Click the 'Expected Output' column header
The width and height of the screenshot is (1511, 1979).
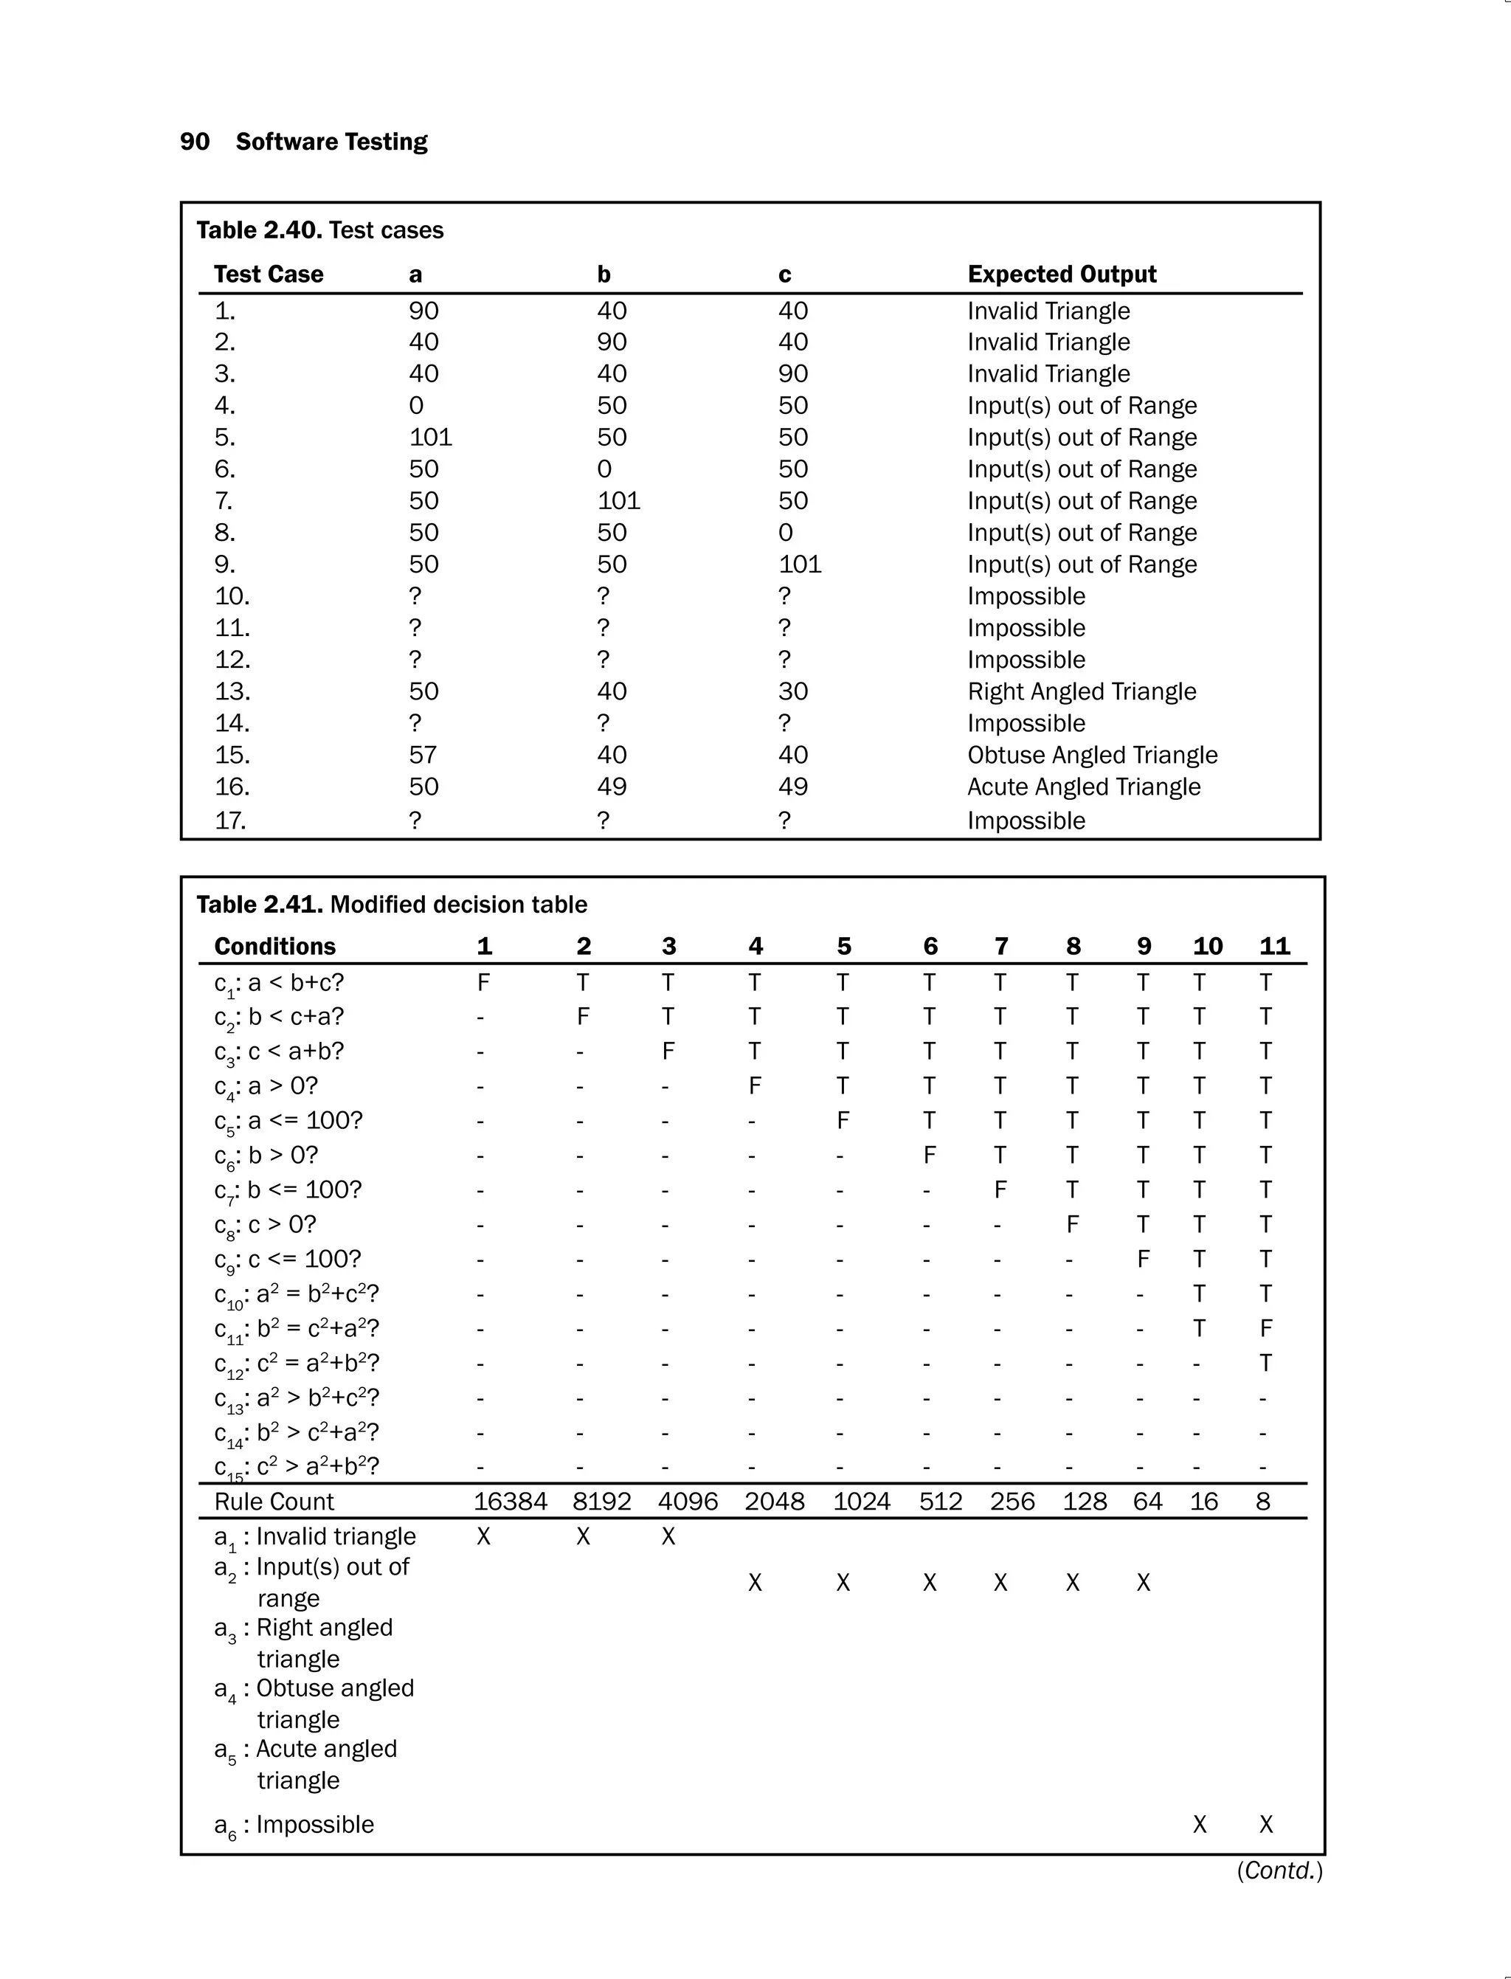coord(1061,274)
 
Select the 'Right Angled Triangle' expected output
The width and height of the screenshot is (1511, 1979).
coord(1081,691)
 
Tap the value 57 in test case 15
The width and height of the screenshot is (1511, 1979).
coord(423,755)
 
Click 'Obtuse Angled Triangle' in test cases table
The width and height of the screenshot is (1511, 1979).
coord(1092,755)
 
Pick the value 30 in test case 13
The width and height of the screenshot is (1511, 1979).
coord(792,691)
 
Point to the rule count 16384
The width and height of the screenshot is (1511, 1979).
coord(510,1502)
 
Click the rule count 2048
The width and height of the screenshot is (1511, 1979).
coord(773,1502)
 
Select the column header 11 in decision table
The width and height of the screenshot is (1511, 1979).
coord(1274,946)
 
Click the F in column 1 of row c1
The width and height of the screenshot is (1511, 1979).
coord(483,982)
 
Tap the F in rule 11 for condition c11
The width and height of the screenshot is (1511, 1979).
coord(1265,1329)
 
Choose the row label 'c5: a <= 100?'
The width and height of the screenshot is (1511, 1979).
coord(288,1121)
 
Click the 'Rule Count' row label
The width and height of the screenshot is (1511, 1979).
coord(274,1502)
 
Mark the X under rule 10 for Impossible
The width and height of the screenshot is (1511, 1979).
coord(1199,1824)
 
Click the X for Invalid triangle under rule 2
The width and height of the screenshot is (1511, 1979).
coord(583,1536)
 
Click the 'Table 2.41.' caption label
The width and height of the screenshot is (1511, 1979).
coord(259,904)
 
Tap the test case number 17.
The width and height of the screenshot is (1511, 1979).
coord(230,821)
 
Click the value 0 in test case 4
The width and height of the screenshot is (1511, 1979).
coord(415,406)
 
